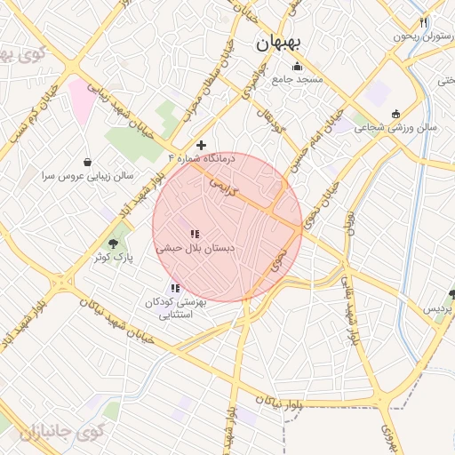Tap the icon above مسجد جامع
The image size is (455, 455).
coord(297,67)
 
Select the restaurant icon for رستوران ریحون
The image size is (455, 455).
coord(424,23)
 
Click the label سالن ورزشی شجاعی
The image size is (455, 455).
coord(396,127)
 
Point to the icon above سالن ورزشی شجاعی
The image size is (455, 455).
coord(395,113)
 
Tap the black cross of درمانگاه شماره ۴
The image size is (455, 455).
coord(202,145)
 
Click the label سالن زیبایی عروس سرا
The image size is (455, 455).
coord(85,176)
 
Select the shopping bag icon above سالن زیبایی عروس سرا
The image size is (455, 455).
coord(87,162)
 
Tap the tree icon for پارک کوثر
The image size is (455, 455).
coord(112,243)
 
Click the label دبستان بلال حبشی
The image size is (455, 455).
coord(196,249)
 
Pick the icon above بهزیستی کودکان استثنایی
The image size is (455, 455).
coord(175,288)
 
